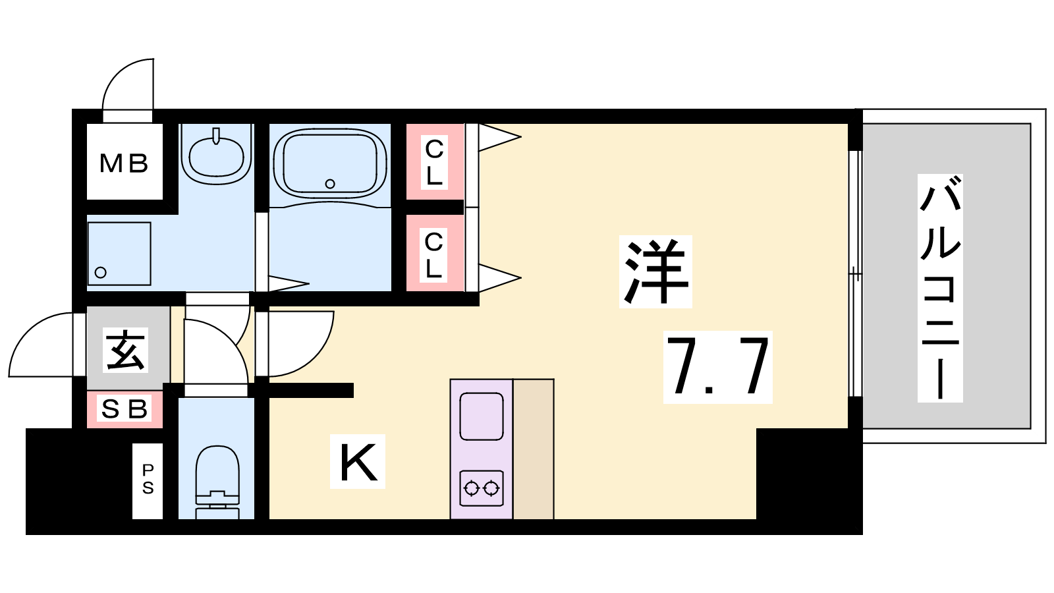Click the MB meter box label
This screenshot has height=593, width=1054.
point(124,164)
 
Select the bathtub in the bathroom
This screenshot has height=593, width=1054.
point(330,163)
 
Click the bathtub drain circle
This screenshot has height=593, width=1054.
point(330,184)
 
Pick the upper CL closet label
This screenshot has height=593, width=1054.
point(434,162)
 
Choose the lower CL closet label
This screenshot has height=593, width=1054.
point(433,254)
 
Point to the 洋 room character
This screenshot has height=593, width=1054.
point(655,271)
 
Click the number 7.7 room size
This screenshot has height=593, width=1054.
point(717,366)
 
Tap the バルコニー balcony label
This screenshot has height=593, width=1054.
point(940,287)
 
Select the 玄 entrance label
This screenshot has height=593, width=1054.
point(125,350)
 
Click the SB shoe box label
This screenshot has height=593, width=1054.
point(125,409)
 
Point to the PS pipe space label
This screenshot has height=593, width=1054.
point(148,479)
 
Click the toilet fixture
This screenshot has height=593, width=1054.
point(217,482)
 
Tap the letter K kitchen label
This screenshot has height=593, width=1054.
point(358,462)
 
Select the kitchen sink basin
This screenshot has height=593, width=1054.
point(482,416)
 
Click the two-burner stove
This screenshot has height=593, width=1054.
point(482,488)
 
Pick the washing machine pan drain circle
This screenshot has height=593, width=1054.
point(100,272)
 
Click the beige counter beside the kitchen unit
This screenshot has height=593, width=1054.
point(533,449)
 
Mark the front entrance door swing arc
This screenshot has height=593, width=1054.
point(29,329)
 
